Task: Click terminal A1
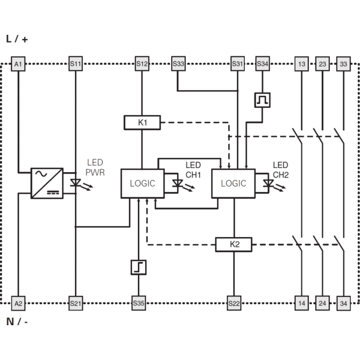[18, 64]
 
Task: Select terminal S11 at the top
[76, 64]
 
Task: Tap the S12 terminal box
[142, 64]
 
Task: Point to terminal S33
[178, 64]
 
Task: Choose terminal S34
[262, 64]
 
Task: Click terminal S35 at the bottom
[139, 303]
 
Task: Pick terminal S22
[234, 303]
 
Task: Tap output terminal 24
[322, 303]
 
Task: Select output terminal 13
[301, 64]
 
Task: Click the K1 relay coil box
[142, 122]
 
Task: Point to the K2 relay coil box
[234, 244]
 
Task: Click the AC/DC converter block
[47, 183]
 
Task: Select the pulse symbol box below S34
[262, 100]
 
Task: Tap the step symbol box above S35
[139, 267]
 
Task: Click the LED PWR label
[95, 167]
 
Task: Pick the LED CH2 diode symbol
[268, 184]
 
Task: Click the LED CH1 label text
[193, 170]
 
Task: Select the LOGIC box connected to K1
[143, 184]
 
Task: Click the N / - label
[17, 322]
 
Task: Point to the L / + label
[17, 39]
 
